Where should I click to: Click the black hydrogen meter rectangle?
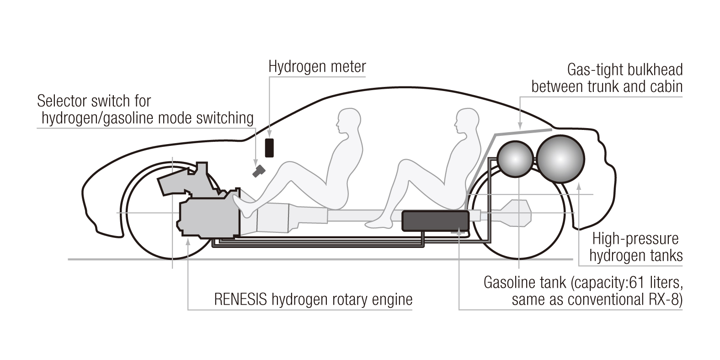(269, 147)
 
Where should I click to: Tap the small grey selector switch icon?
(259, 171)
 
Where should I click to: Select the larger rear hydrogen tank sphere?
(560, 158)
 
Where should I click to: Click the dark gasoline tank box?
(435, 220)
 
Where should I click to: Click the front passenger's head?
(348, 121)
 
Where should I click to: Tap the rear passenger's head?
(467, 121)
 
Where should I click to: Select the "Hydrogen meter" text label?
(317, 67)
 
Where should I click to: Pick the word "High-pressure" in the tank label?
(635, 239)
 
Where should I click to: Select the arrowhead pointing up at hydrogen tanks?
(579, 186)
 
